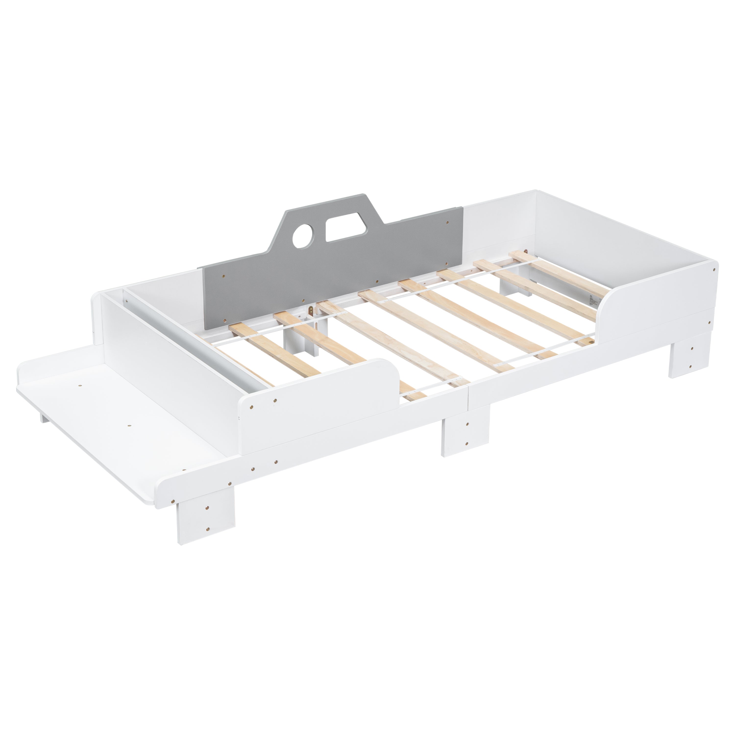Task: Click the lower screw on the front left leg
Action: tap(208, 528)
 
